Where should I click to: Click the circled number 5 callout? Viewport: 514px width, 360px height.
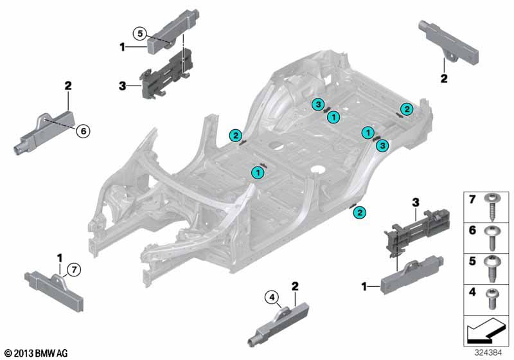140,33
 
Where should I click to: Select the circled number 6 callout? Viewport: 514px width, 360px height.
84,131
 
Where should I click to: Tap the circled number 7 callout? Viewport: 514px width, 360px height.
74,270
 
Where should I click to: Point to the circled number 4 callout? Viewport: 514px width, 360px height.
271,298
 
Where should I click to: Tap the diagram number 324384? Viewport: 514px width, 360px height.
488,353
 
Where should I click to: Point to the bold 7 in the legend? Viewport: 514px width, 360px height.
472,199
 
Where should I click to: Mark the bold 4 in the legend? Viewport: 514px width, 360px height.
472,291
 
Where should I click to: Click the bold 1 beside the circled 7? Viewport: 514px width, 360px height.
60,258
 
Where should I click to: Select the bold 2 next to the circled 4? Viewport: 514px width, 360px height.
295,286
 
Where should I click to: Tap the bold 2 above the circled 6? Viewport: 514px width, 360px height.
68,86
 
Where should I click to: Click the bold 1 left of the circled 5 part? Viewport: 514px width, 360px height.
123,47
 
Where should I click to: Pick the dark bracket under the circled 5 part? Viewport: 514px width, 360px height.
166,74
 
